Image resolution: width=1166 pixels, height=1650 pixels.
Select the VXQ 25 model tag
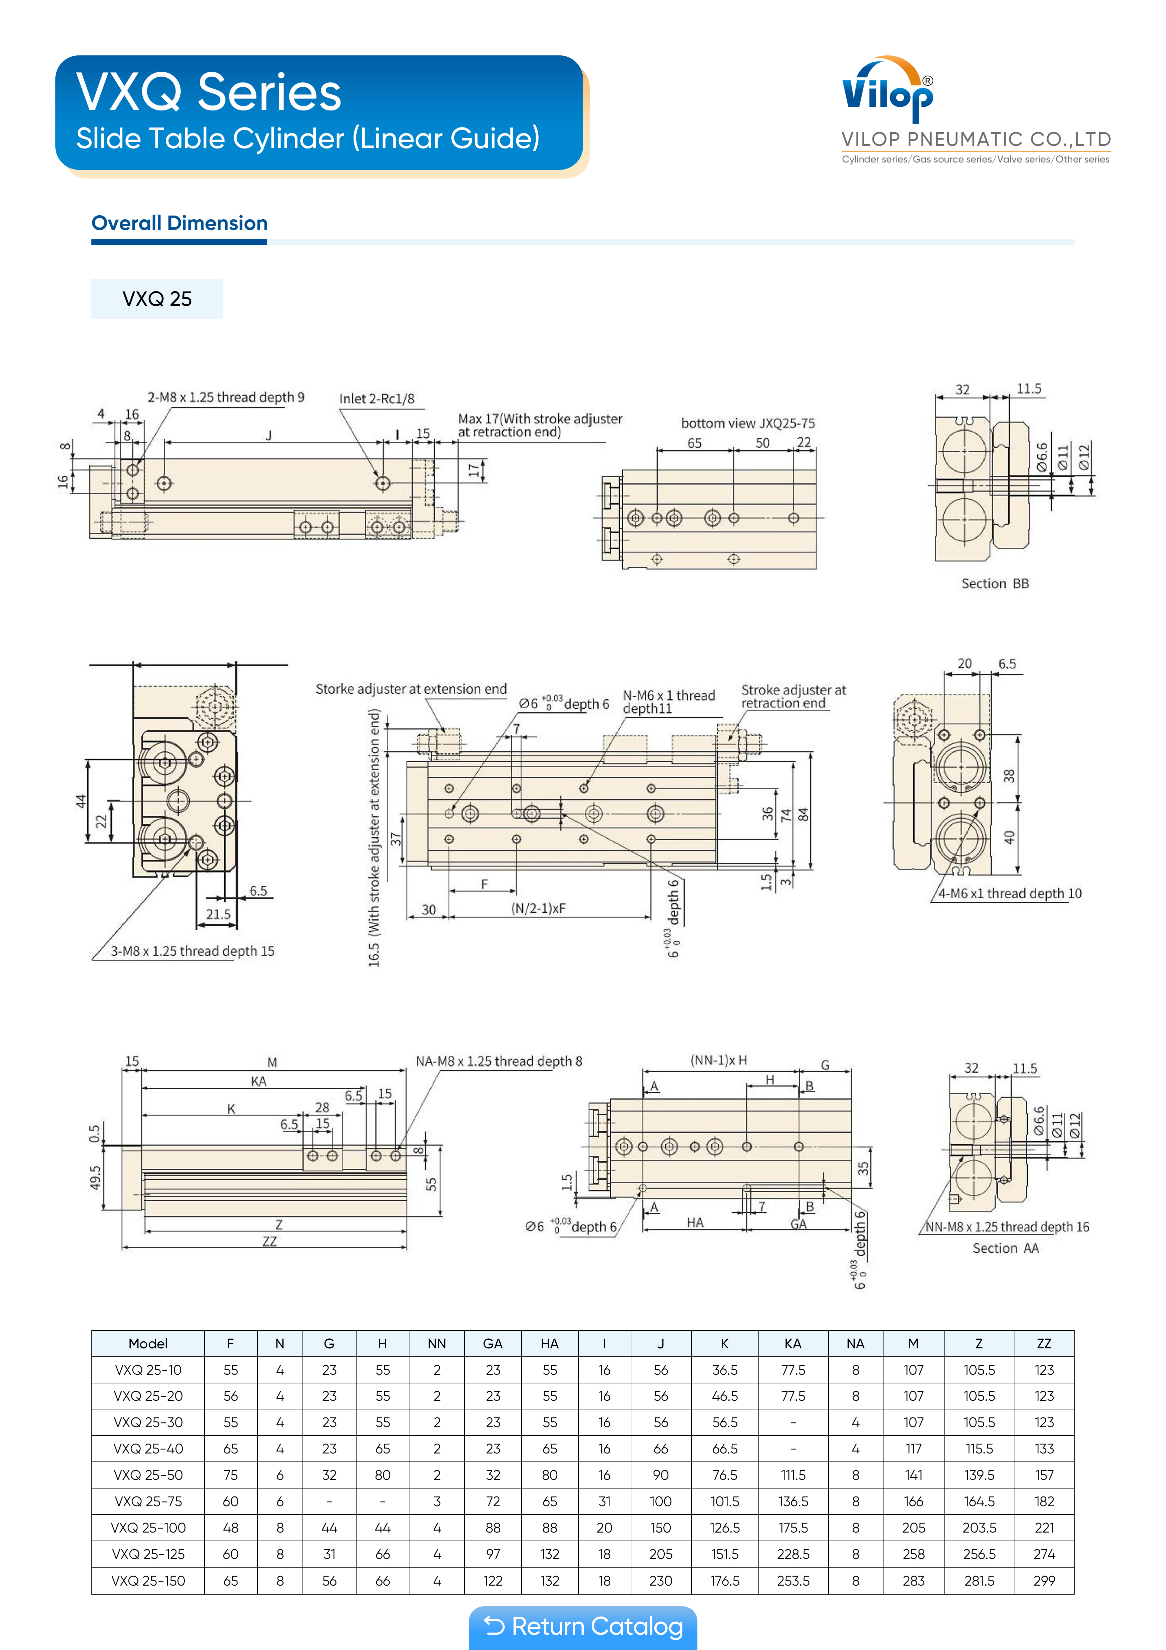157,299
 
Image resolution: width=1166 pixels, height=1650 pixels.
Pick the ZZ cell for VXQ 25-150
1044,1580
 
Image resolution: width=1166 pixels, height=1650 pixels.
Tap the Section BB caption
995,584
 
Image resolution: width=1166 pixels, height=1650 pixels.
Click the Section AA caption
1006,1248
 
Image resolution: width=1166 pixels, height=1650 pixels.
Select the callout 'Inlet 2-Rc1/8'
377,399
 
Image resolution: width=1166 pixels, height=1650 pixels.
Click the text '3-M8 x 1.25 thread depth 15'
192,951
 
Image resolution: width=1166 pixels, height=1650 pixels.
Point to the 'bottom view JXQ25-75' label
748,423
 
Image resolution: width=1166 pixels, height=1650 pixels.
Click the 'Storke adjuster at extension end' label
411,689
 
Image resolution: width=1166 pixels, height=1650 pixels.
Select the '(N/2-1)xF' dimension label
538,908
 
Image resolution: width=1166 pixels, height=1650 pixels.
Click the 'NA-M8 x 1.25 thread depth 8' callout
499,1061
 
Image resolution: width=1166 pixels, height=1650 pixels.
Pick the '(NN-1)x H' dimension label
718,1060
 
